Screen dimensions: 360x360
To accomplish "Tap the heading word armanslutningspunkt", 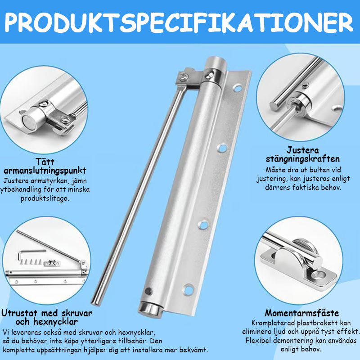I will tap(45, 171).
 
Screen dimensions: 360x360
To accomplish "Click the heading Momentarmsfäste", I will tap(302, 313).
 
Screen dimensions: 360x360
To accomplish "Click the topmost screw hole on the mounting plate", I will tap(237, 88).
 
